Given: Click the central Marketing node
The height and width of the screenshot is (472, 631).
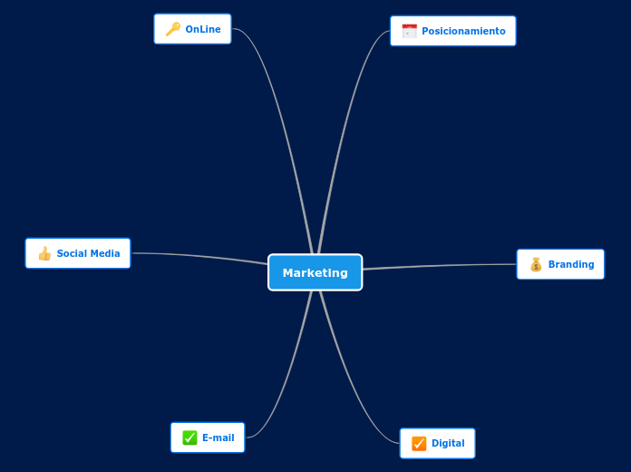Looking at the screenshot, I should click(x=315, y=272).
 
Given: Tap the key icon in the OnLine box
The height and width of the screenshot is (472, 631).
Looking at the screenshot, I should click(x=172, y=29).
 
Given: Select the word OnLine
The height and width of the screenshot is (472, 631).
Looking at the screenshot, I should click(x=203, y=29).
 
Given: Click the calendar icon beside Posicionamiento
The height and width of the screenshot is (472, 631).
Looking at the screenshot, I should click(x=409, y=31).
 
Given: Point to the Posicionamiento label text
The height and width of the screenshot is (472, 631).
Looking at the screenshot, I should click(x=463, y=31).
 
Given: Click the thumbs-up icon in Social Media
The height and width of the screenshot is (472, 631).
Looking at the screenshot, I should click(x=44, y=253).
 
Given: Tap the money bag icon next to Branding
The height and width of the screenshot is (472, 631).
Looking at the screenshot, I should click(x=536, y=264).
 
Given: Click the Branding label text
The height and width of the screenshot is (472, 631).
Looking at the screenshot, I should click(x=571, y=264).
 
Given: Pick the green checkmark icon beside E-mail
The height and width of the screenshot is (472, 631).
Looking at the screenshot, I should click(x=189, y=438).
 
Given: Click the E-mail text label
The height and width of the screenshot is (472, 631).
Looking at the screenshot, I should click(x=218, y=438).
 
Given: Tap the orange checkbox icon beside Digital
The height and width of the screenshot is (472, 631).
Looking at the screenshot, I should click(x=419, y=443).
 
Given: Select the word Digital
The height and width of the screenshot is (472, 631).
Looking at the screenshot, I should click(x=448, y=443).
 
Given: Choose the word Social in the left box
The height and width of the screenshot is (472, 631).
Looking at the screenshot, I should click(x=72, y=253).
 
